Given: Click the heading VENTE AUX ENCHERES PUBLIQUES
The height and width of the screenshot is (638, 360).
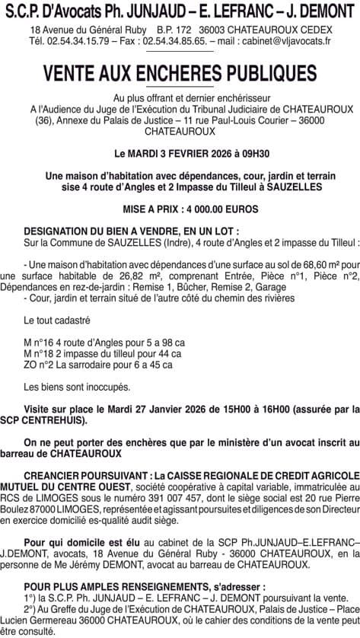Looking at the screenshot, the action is click(180, 73).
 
